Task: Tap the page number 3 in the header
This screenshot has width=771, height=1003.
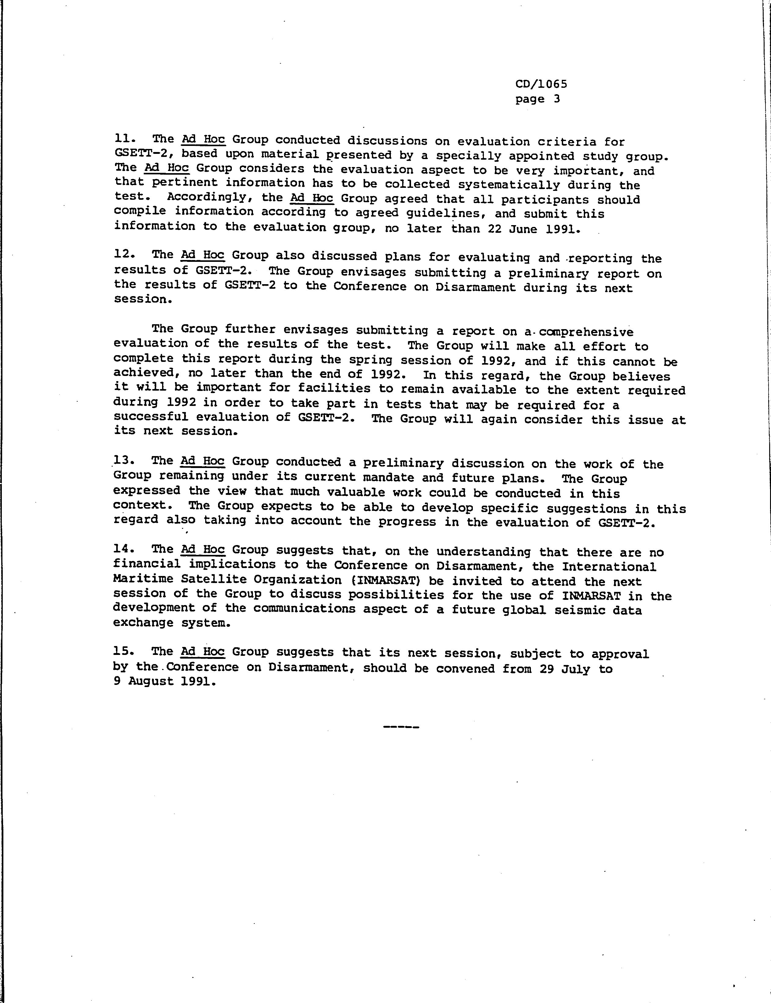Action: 557,99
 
